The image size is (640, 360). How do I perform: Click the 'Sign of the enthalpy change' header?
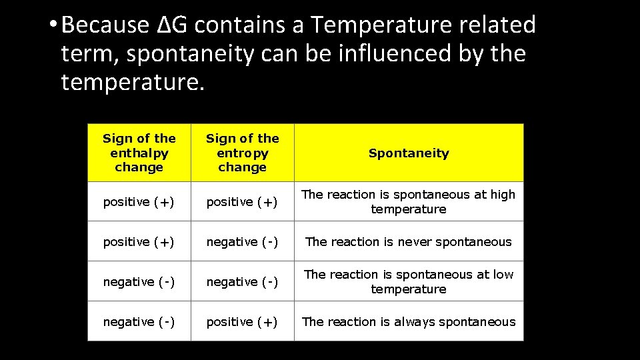(x=139, y=153)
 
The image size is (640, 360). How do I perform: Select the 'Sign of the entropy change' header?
(x=243, y=153)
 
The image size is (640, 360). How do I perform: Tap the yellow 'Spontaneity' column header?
(x=409, y=153)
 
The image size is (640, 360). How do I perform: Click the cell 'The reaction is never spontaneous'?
(x=409, y=242)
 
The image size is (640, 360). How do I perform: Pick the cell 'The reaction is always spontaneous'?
(x=409, y=322)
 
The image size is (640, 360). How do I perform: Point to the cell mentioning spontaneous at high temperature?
(x=409, y=202)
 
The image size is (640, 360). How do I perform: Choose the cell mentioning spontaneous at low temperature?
(x=409, y=282)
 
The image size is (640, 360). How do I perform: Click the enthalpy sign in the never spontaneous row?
(x=139, y=242)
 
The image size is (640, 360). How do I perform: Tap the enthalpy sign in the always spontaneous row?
(x=139, y=322)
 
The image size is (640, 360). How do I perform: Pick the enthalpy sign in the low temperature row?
(x=139, y=282)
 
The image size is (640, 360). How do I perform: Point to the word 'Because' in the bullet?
(x=109, y=25)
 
